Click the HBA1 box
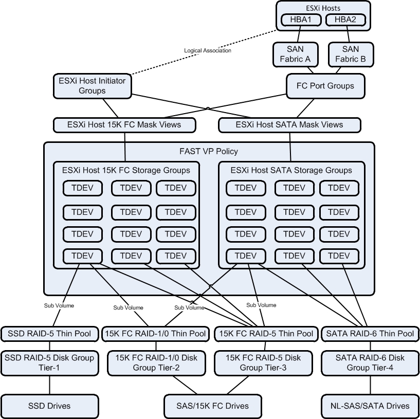(x=301, y=20)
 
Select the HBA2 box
(x=345, y=20)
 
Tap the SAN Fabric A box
(x=295, y=54)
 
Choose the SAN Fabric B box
(x=351, y=54)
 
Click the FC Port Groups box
(x=325, y=86)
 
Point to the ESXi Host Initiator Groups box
(x=92, y=85)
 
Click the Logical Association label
(x=208, y=50)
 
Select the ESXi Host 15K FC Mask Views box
(x=124, y=124)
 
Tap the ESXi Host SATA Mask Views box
(x=289, y=124)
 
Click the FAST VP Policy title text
(x=208, y=152)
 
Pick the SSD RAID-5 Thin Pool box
(x=49, y=334)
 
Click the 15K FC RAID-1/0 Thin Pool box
(x=155, y=334)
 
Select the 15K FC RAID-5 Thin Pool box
(x=266, y=334)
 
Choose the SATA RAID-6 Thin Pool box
(x=370, y=334)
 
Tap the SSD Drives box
(x=49, y=406)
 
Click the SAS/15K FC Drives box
(x=210, y=406)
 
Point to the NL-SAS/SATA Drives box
(x=370, y=406)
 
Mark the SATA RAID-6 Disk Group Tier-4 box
(x=370, y=362)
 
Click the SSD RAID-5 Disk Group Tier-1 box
(x=49, y=362)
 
